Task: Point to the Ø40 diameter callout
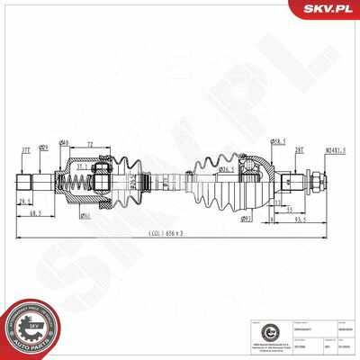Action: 64,145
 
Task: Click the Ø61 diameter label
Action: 85,217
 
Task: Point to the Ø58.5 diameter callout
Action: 280,141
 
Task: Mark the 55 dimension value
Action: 289,209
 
